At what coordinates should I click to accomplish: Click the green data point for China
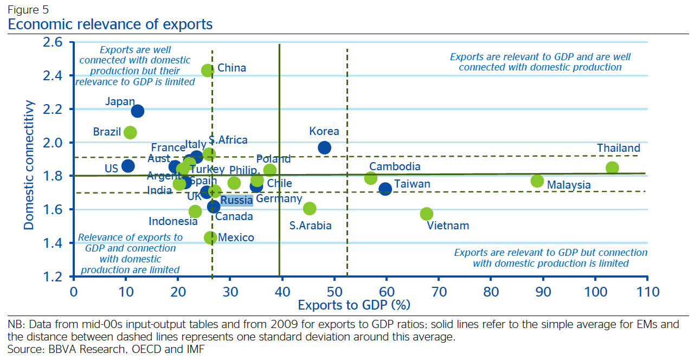click(208, 70)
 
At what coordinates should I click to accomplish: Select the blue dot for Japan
click(137, 111)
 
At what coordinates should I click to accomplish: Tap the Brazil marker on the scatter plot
click(130, 132)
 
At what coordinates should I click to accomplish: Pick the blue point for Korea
click(324, 147)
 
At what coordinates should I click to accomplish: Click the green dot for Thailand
click(612, 168)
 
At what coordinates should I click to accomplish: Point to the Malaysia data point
click(537, 181)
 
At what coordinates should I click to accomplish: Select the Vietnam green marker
click(427, 214)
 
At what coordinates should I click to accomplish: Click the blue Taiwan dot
click(385, 189)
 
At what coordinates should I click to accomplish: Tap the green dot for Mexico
click(210, 237)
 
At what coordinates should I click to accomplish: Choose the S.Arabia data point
click(310, 208)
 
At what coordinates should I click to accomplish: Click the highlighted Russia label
click(236, 200)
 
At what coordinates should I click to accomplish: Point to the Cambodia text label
click(395, 166)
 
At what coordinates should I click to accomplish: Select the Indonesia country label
click(173, 221)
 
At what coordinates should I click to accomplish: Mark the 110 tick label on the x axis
click(647, 292)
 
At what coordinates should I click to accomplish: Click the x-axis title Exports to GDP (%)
click(354, 305)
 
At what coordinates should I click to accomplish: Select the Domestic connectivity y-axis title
click(29, 164)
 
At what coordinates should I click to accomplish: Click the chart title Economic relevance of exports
click(110, 24)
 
